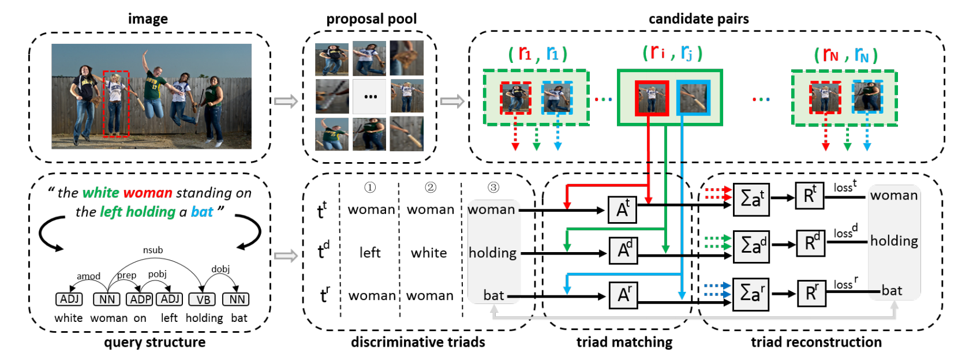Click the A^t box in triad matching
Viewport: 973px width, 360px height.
click(622, 209)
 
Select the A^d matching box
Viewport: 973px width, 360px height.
click(624, 250)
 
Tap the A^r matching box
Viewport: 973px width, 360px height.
click(623, 295)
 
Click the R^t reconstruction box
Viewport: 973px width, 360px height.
click(810, 197)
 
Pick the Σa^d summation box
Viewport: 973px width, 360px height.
click(751, 246)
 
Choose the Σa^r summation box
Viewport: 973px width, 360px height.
click(751, 294)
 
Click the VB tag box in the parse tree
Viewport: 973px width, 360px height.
click(203, 299)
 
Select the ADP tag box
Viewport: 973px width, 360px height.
click(140, 299)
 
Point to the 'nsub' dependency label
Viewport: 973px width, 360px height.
click(153, 250)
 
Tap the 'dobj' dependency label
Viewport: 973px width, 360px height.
click(220, 269)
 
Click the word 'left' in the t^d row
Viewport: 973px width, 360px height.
click(370, 253)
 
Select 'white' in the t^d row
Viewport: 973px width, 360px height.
click(429, 253)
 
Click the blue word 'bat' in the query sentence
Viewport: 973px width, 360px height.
click(202, 212)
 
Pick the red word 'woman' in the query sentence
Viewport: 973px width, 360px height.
click(148, 193)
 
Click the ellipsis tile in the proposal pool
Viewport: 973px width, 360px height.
click(370, 96)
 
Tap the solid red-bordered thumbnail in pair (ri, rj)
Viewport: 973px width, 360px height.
click(652, 98)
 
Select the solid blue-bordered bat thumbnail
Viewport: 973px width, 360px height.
click(693, 98)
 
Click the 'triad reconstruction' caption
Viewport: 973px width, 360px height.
click(816, 342)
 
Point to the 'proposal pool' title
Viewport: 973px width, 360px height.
click(371, 19)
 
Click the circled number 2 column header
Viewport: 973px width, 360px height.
click(431, 187)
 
